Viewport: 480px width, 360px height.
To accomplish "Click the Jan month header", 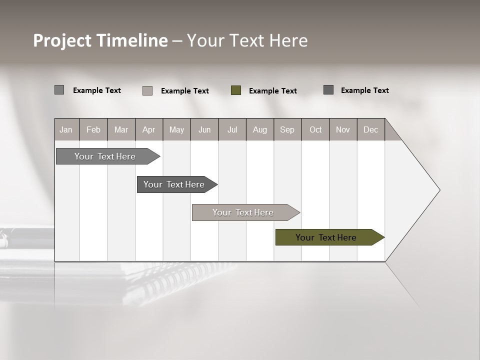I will point(66,129).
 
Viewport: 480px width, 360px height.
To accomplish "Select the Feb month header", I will point(93,129).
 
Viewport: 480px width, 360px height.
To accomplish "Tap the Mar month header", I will point(121,129).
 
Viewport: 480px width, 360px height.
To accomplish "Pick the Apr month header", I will point(149,129).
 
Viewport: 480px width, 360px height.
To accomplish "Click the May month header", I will point(176,129).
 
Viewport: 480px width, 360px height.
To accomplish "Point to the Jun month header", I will point(204,129).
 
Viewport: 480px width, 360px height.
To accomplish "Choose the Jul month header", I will point(232,129).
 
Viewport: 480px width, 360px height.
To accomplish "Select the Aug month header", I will point(260,129).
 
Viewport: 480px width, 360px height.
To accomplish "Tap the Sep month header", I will point(287,129).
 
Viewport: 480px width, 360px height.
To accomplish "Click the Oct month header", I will point(315,129).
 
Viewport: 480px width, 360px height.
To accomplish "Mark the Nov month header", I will point(343,129).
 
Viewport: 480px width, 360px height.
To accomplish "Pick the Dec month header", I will point(371,129).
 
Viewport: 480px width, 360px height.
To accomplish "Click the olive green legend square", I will point(236,90).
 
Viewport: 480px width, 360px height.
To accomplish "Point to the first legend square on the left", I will point(59,90).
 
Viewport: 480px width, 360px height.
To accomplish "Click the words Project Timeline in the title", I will point(100,40).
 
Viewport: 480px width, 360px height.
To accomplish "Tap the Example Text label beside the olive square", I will point(273,91).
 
